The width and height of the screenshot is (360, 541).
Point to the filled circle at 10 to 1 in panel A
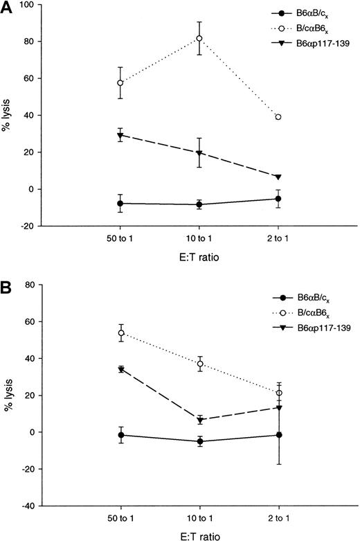pos(199,204)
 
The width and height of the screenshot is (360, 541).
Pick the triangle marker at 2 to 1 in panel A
pos(278,177)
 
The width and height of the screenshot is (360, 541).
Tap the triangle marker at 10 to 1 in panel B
pos(199,420)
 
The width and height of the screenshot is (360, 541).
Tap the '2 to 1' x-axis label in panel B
pos(278,518)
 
